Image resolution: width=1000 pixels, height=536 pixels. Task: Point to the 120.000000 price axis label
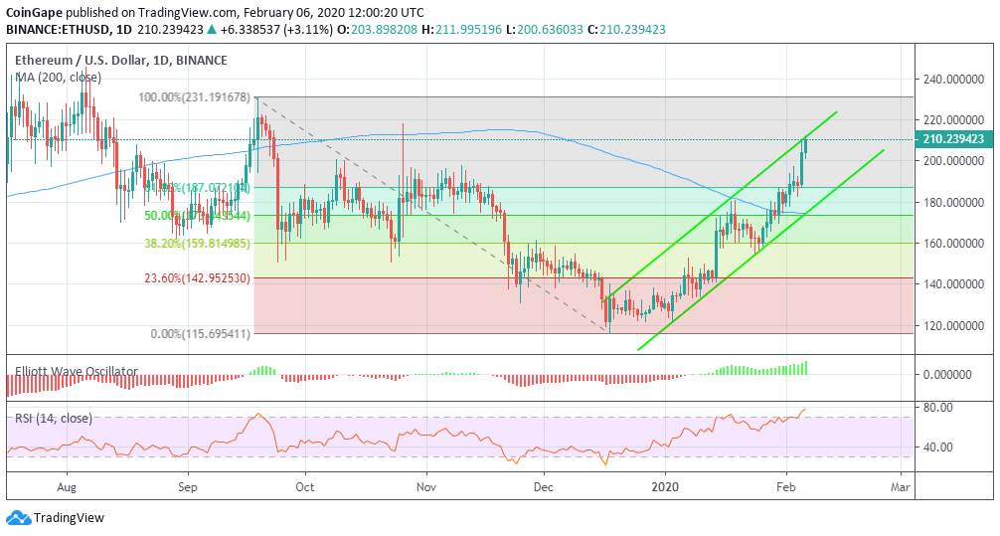(955, 325)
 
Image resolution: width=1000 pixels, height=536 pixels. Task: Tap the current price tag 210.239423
(954, 140)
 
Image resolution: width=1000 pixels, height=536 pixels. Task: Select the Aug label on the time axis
(68, 487)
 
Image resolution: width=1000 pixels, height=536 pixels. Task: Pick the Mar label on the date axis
(901, 487)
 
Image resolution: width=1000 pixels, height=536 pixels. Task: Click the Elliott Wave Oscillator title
(77, 372)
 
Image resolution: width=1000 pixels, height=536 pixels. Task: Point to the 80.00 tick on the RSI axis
(939, 408)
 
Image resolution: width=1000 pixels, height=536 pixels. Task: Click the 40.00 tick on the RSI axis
(939, 447)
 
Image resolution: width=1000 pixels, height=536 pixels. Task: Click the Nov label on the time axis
(426, 487)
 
